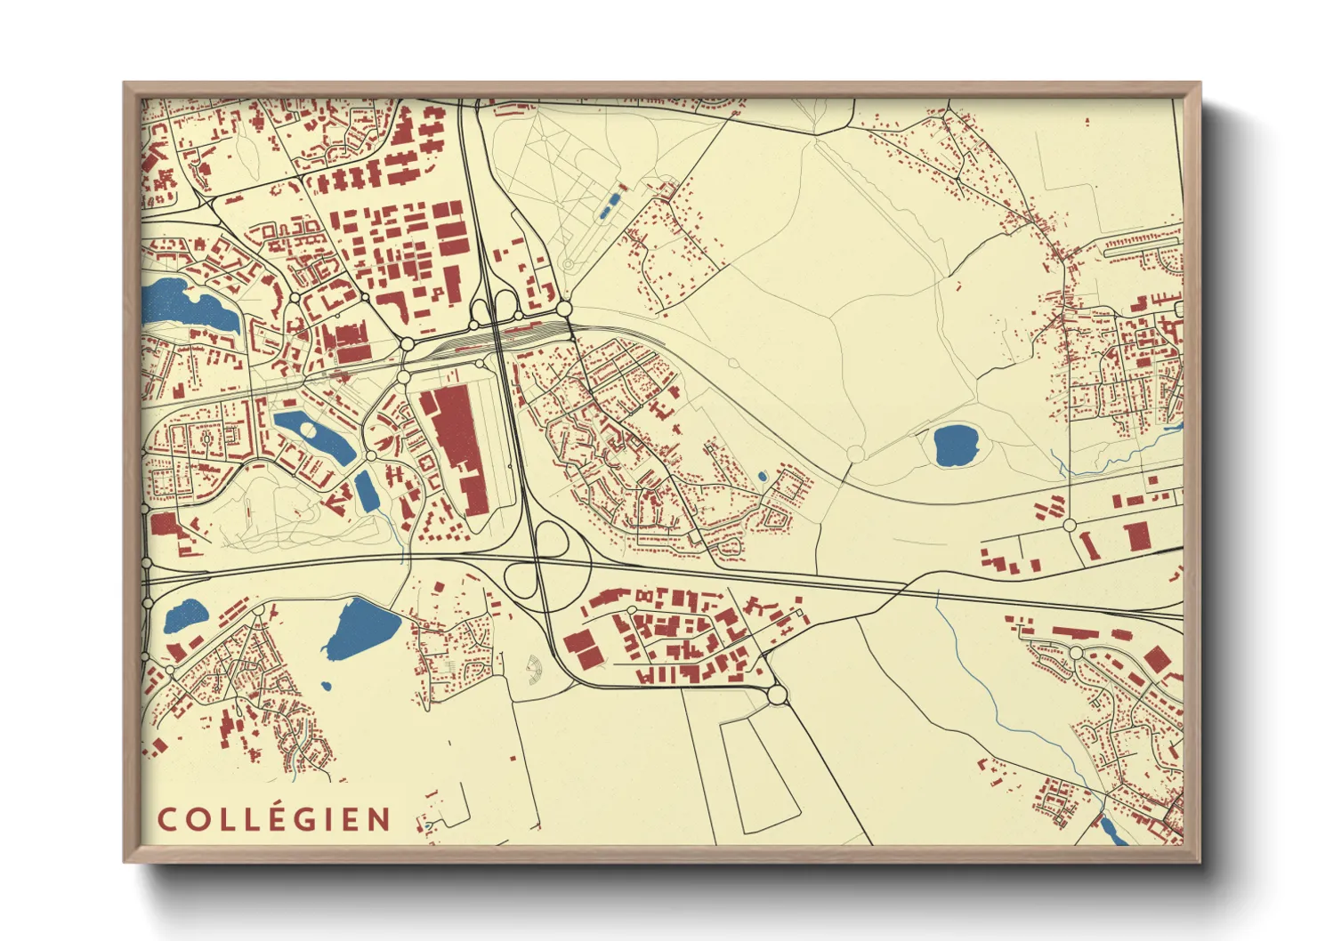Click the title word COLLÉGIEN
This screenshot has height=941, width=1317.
tap(274, 819)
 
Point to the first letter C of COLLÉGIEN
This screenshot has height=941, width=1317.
tap(166, 819)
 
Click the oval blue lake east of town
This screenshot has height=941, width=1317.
tap(956, 445)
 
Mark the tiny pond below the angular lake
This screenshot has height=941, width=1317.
tap(327, 687)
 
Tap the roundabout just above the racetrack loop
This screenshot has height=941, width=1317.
tap(777, 694)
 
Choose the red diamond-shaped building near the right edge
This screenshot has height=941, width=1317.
tap(1156, 659)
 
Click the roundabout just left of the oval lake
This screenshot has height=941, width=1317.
tap(855, 454)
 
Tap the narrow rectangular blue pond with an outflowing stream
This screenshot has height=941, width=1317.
tap(365, 491)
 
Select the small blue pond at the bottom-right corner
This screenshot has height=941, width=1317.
tap(1110, 830)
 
